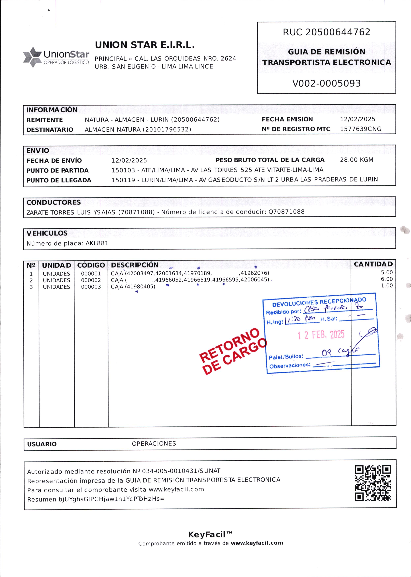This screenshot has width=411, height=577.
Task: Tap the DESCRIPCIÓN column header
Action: coord(135,265)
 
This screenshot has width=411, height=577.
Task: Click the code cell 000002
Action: coord(91,280)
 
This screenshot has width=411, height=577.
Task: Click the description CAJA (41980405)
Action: coord(133,287)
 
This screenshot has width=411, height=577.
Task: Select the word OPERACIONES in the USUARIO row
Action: coord(154,443)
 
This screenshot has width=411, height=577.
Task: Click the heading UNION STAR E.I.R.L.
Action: coord(145,45)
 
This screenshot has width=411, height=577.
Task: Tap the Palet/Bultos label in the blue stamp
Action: coord(286,357)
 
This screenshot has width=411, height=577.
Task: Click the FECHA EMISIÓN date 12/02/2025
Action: coord(357,119)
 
